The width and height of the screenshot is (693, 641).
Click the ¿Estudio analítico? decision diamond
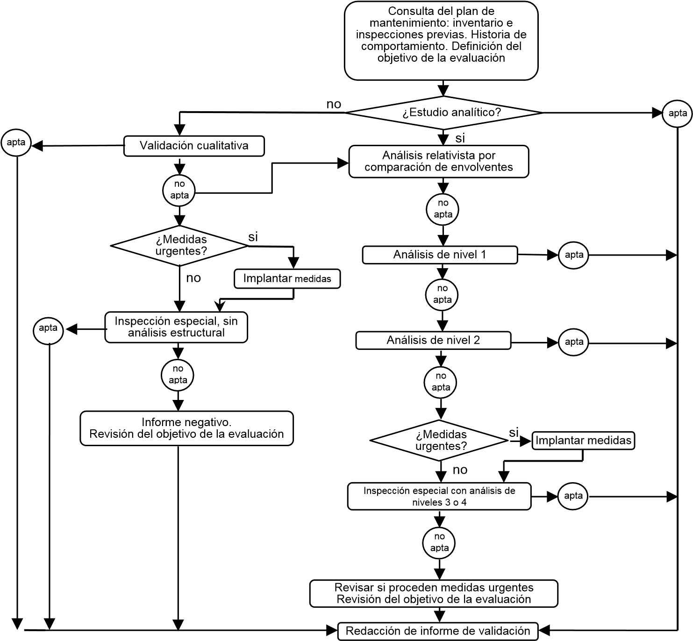[x=443, y=113]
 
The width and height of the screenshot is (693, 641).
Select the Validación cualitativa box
[x=194, y=146]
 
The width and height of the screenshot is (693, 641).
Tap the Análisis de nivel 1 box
[x=440, y=255]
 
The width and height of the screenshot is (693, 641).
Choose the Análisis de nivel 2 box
[x=433, y=340]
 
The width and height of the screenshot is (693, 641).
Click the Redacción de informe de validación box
[x=438, y=631]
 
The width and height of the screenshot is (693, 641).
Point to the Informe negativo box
[x=186, y=428]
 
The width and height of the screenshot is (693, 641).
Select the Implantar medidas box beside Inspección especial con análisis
[x=583, y=441]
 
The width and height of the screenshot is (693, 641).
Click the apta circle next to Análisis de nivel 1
[x=574, y=255]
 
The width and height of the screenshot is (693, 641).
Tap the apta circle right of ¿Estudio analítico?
[x=677, y=113]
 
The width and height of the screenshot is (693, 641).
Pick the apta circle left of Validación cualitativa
[x=16, y=142]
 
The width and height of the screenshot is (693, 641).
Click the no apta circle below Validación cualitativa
[x=179, y=191]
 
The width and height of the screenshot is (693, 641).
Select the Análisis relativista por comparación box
[x=439, y=162]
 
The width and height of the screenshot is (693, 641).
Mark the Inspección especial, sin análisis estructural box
[x=176, y=328]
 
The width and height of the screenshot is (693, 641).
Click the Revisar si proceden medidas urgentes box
[x=434, y=593]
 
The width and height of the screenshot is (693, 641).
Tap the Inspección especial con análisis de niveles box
[x=439, y=497]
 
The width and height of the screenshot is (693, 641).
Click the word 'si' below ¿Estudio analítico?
[x=460, y=138]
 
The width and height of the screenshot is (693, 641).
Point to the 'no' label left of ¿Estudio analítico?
[x=334, y=104]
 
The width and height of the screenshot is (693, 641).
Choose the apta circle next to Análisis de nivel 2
[x=574, y=342]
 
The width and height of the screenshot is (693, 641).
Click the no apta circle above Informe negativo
[x=178, y=375]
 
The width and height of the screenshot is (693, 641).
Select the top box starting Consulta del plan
[x=441, y=41]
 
